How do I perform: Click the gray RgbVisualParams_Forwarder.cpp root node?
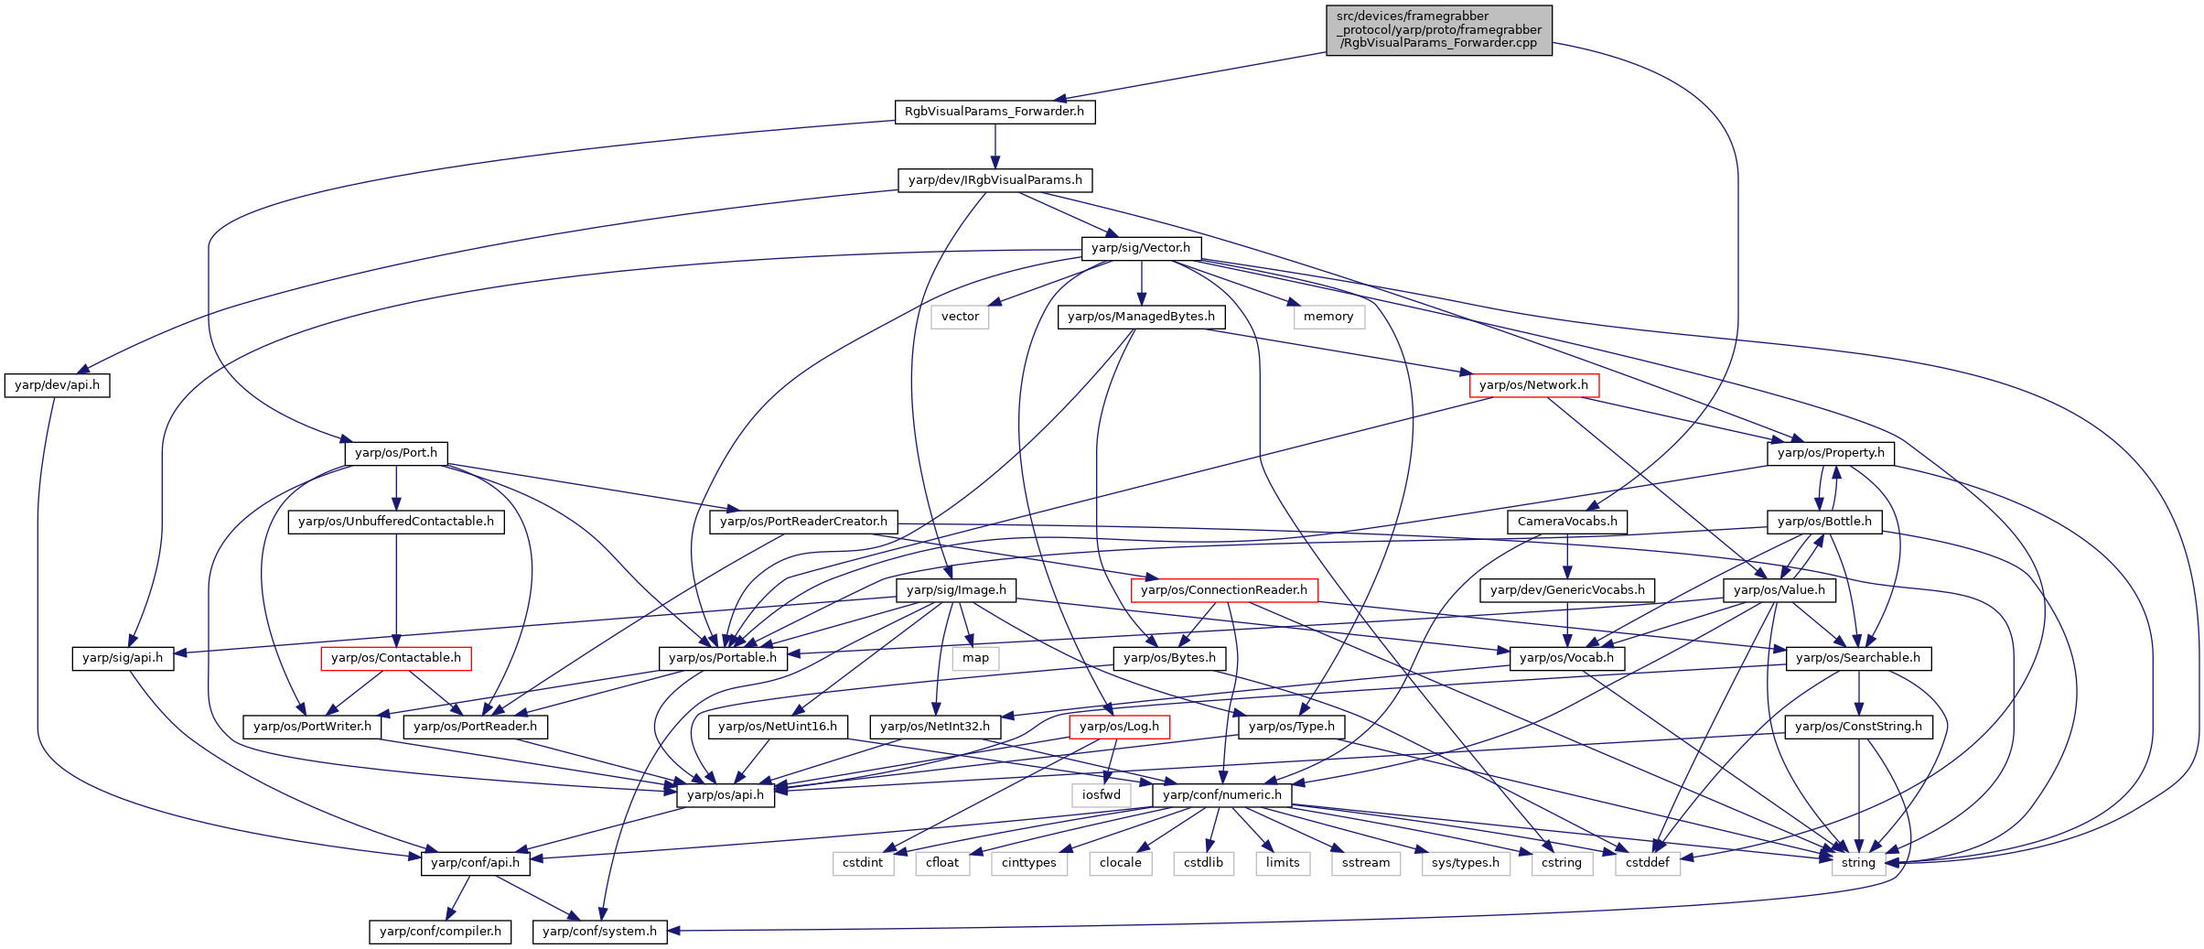click(x=1439, y=30)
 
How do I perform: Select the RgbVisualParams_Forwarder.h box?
click(x=994, y=112)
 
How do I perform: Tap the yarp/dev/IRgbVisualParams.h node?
click(x=995, y=180)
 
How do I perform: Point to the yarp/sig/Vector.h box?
click(x=1141, y=248)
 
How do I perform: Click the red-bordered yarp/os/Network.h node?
click(x=1534, y=385)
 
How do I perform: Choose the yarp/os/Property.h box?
click(x=1831, y=453)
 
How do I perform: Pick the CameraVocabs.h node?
click(x=1567, y=522)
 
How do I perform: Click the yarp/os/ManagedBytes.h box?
click(x=1141, y=317)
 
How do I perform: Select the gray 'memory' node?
click(x=1328, y=317)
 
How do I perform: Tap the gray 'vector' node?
click(x=961, y=317)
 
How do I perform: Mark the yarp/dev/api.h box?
click(x=58, y=385)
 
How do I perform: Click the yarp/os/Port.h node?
click(x=396, y=453)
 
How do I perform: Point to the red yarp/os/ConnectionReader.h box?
click(x=1224, y=590)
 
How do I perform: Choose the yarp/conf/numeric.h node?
click(x=1222, y=795)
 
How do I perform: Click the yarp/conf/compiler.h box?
click(x=441, y=932)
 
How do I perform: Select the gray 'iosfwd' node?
click(x=1102, y=795)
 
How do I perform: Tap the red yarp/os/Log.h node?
click(x=1119, y=727)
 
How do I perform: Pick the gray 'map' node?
click(x=975, y=658)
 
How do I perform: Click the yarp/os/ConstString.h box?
click(x=1859, y=727)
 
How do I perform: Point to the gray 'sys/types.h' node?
click(x=1466, y=863)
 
